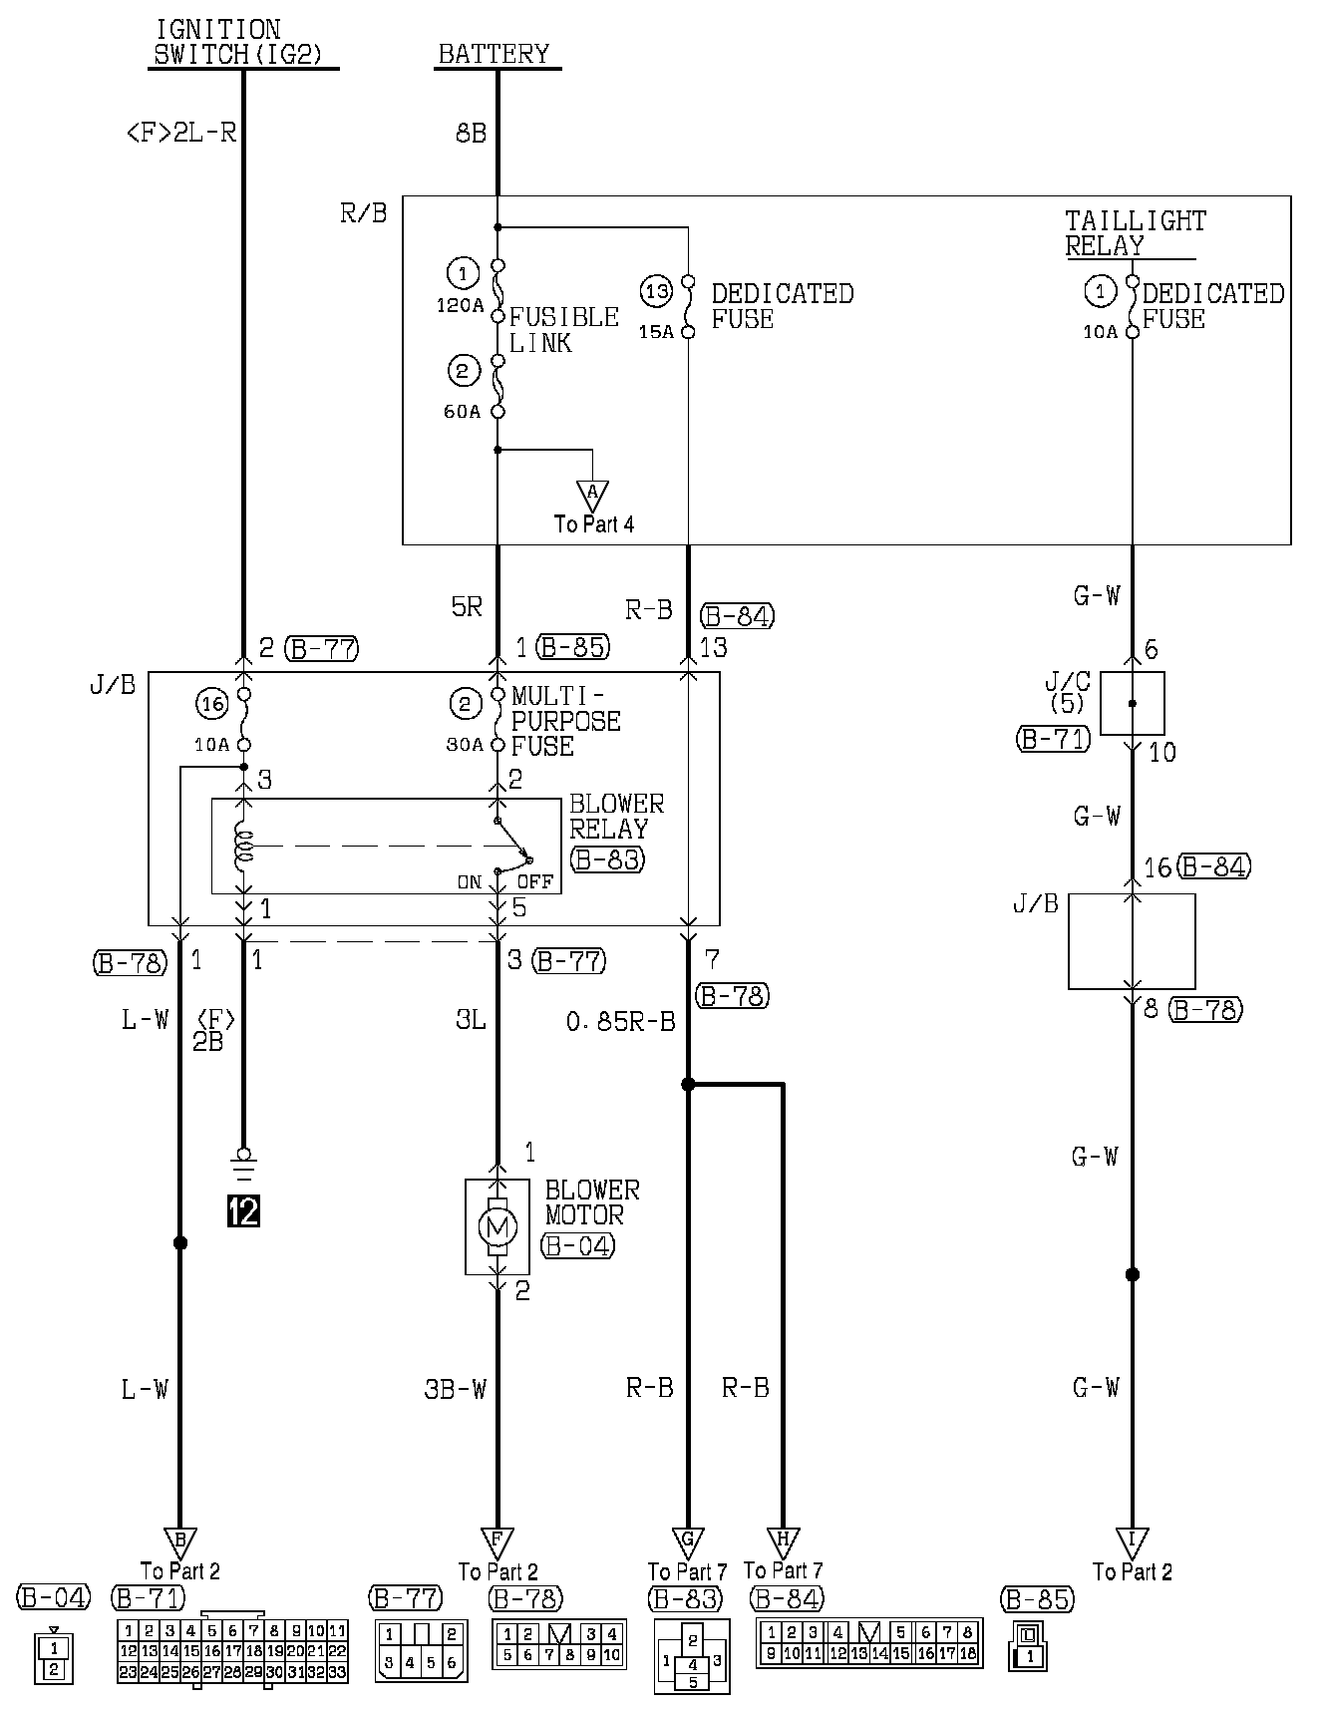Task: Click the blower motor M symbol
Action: pyautogui.click(x=496, y=1225)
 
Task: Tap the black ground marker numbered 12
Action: pyautogui.click(x=243, y=1210)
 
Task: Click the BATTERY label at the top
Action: pyautogui.click(x=494, y=54)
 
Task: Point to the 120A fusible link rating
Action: pyautogui.click(x=460, y=305)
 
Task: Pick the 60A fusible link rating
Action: pyautogui.click(x=462, y=411)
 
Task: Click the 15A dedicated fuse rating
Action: pyautogui.click(x=656, y=331)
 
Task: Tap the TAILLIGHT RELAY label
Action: pyautogui.click(x=1135, y=233)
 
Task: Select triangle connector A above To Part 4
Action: pyautogui.click(x=593, y=493)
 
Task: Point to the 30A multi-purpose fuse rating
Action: pyautogui.click(x=465, y=744)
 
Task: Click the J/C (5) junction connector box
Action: pyautogui.click(x=1132, y=703)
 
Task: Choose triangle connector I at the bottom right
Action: pyautogui.click(x=1132, y=1540)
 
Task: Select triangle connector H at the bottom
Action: pyautogui.click(x=783, y=1540)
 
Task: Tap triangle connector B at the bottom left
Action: pyautogui.click(x=179, y=1540)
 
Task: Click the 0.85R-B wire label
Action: pyautogui.click(x=620, y=1021)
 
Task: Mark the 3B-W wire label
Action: pyautogui.click(x=455, y=1388)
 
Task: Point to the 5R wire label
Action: pyautogui.click(x=467, y=606)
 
